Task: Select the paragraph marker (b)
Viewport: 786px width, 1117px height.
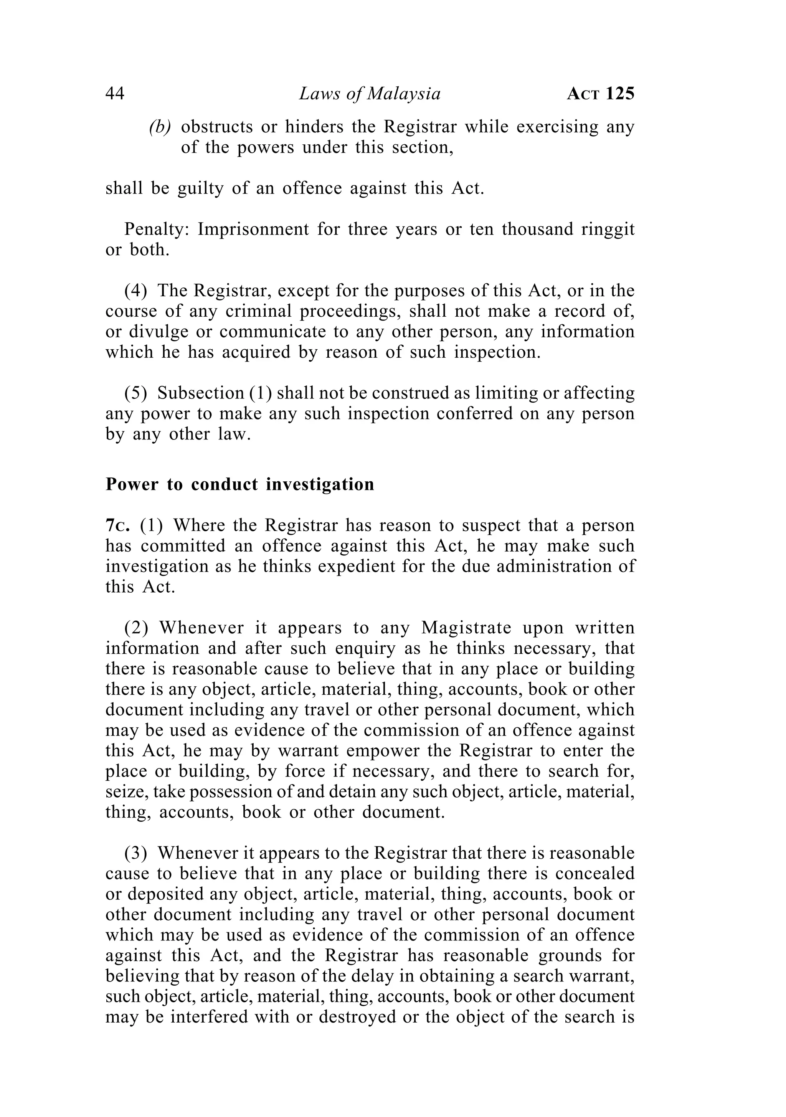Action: (160, 127)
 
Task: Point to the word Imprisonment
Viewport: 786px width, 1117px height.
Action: (253, 229)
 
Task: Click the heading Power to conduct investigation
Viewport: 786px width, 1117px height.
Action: (240, 484)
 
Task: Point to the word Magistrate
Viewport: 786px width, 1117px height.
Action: (466, 628)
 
